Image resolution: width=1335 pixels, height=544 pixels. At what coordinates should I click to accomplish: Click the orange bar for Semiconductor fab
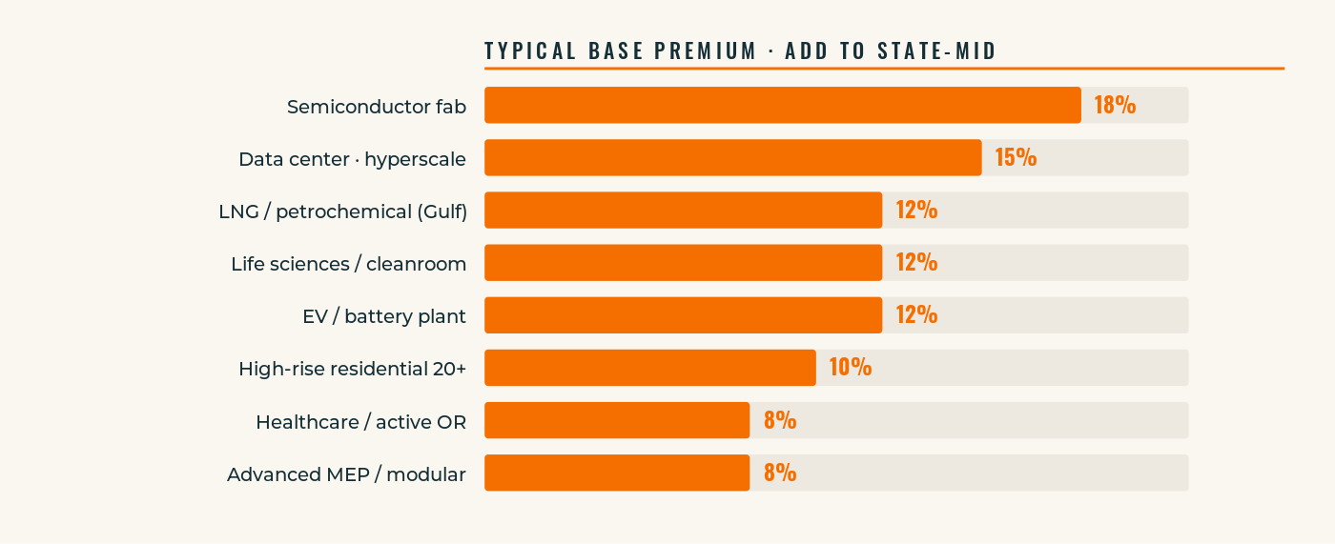coord(782,105)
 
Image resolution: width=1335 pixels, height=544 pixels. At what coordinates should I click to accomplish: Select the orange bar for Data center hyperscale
coord(732,157)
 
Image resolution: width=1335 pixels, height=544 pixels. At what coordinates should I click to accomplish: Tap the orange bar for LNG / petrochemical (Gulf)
coord(683,210)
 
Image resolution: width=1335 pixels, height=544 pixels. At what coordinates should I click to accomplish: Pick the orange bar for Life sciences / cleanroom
coord(683,262)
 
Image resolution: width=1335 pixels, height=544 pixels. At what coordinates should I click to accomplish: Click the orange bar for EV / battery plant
coord(683,314)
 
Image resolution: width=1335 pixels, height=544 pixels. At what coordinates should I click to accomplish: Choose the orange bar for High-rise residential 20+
coord(649,367)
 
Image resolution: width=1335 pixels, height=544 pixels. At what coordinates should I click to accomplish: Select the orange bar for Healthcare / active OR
coord(616,419)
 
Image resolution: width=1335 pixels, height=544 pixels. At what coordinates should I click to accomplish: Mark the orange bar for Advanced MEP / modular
coord(616,472)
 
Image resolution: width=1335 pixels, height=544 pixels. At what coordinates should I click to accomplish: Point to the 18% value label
coord(1115,105)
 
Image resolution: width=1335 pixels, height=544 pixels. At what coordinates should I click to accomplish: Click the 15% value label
coord(1016,157)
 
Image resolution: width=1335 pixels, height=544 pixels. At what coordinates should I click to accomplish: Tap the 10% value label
coord(850,367)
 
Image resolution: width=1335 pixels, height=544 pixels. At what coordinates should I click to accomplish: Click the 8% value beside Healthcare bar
coord(779,419)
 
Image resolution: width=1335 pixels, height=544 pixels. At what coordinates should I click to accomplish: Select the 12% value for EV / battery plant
coord(916,314)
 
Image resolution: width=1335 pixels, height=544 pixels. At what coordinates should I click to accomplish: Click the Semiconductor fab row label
coord(377,107)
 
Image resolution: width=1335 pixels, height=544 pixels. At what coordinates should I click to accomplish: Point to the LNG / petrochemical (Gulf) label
coord(342,212)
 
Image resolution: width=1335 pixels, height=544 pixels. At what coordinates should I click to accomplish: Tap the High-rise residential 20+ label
coord(352,369)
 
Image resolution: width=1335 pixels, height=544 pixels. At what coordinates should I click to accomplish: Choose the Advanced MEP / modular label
coord(346,473)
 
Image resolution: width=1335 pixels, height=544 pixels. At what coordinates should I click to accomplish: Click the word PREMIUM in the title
coord(706,51)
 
